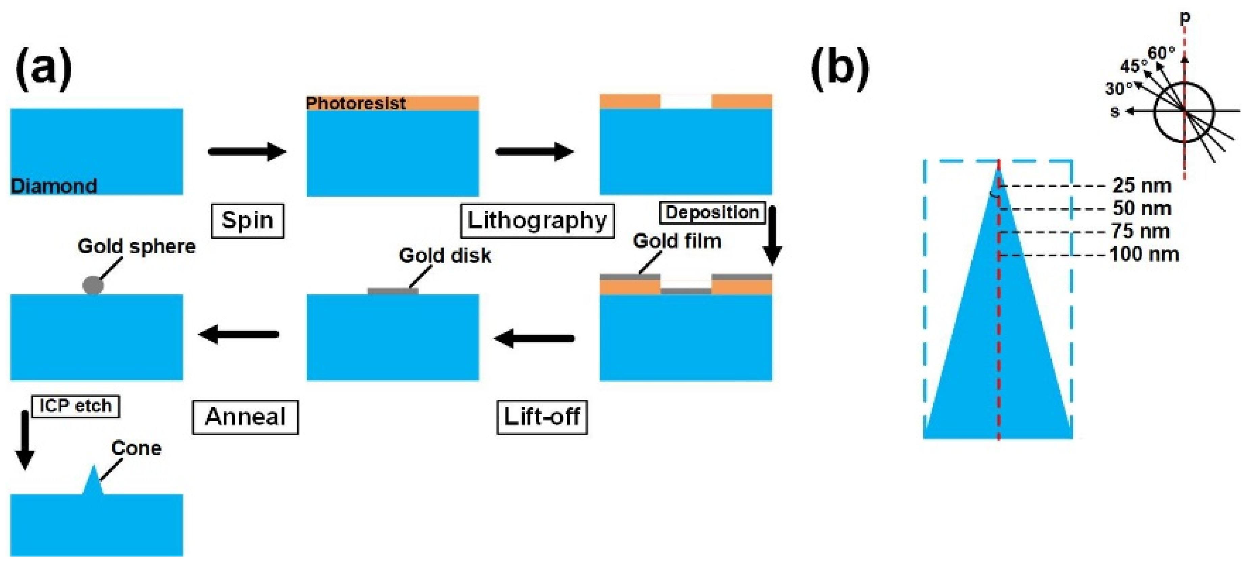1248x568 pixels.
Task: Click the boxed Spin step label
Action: coord(248,221)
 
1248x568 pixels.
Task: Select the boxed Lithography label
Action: coord(537,221)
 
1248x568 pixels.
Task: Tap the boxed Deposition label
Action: coord(712,212)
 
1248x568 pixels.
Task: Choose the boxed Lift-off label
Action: coord(542,417)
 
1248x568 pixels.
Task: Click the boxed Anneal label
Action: coord(245,417)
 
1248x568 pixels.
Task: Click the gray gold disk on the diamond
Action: coord(393,291)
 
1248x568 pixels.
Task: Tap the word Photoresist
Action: coord(356,103)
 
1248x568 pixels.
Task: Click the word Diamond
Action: coord(54,186)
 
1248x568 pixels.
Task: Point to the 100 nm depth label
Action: coord(1144,254)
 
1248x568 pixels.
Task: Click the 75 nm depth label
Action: coord(1141,231)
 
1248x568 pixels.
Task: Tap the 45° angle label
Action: coord(1134,66)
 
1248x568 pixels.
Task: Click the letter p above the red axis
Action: coord(1185,18)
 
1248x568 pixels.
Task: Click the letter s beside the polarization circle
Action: coord(1115,112)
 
